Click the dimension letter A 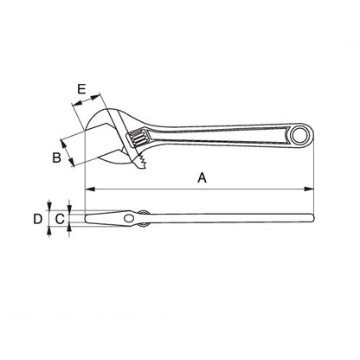(x=202, y=177)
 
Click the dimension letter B (x=56, y=157)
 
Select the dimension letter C (x=60, y=219)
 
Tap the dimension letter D (x=38, y=219)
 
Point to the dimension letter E (x=81, y=89)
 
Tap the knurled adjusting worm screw (x=138, y=138)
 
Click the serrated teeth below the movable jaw (x=142, y=161)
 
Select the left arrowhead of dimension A (x=90, y=190)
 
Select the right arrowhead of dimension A (x=309, y=190)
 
